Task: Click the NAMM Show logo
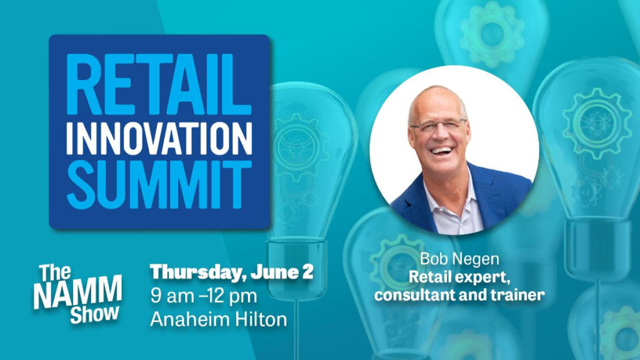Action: point(77,294)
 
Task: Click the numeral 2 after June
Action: point(307,272)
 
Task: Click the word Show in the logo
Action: point(95,314)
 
